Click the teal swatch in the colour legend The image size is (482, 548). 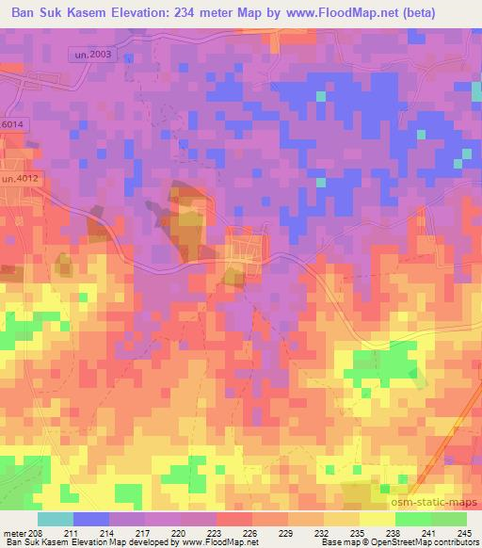56,519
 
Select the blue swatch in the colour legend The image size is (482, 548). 91,519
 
